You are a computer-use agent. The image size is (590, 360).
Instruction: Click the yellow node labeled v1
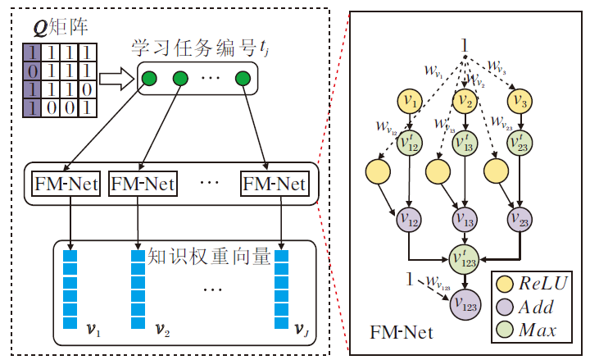pyautogui.click(x=408, y=100)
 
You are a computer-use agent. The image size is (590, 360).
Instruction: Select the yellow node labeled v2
pyautogui.click(x=465, y=100)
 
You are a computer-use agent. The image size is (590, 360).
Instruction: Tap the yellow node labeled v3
pyautogui.click(x=518, y=100)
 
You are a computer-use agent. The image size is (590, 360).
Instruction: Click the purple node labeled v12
pyautogui.click(x=408, y=219)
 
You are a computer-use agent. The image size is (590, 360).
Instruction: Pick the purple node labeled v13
pyautogui.click(x=464, y=219)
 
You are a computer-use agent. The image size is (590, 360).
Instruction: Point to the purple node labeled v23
pyautogui.click(x=518, y=219)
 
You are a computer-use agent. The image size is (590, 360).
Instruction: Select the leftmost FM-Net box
pyautogui.click(x=66, y=184)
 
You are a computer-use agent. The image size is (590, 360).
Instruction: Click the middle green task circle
pyautogui.click(x=180, y=80)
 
